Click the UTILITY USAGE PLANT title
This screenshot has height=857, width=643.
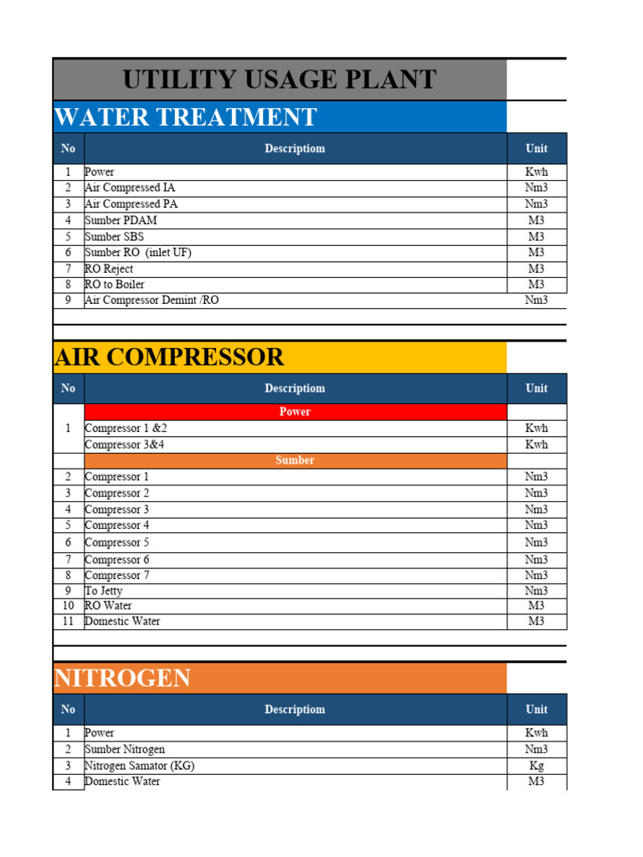[x=280, y=80]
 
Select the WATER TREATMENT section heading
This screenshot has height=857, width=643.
[x=185, y=117]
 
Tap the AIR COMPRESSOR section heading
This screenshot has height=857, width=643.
[x=169, y=357]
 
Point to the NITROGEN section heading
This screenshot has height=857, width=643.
[x=122, y=678]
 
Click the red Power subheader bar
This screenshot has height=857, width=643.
[x=295, y=412]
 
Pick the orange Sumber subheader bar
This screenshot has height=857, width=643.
[x=295, y=460]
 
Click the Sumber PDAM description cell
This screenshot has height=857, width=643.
[x=121, y=221]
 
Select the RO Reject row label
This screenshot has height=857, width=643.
[x=109, y=269]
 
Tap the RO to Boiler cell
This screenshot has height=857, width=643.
[x=115, y=285]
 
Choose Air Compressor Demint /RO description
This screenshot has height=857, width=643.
[x=152, y=300]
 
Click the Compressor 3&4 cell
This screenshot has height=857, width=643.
[x=125, y=444]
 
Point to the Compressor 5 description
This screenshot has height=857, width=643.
[x=117, y=542]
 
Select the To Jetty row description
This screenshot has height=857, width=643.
[x=104, y=591]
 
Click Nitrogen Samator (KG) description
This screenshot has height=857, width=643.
[x=140, y=766]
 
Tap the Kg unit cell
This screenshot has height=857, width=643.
[x=537, y=766]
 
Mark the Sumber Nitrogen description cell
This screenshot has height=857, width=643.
[x=125, y=749]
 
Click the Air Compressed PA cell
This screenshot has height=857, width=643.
[x=131, y=204]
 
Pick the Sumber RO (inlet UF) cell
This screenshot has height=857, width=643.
[x=138, y=253]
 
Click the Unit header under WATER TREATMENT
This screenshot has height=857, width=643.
[x=537, y=148]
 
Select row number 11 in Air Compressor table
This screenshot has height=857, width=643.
[x=69, y=622]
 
